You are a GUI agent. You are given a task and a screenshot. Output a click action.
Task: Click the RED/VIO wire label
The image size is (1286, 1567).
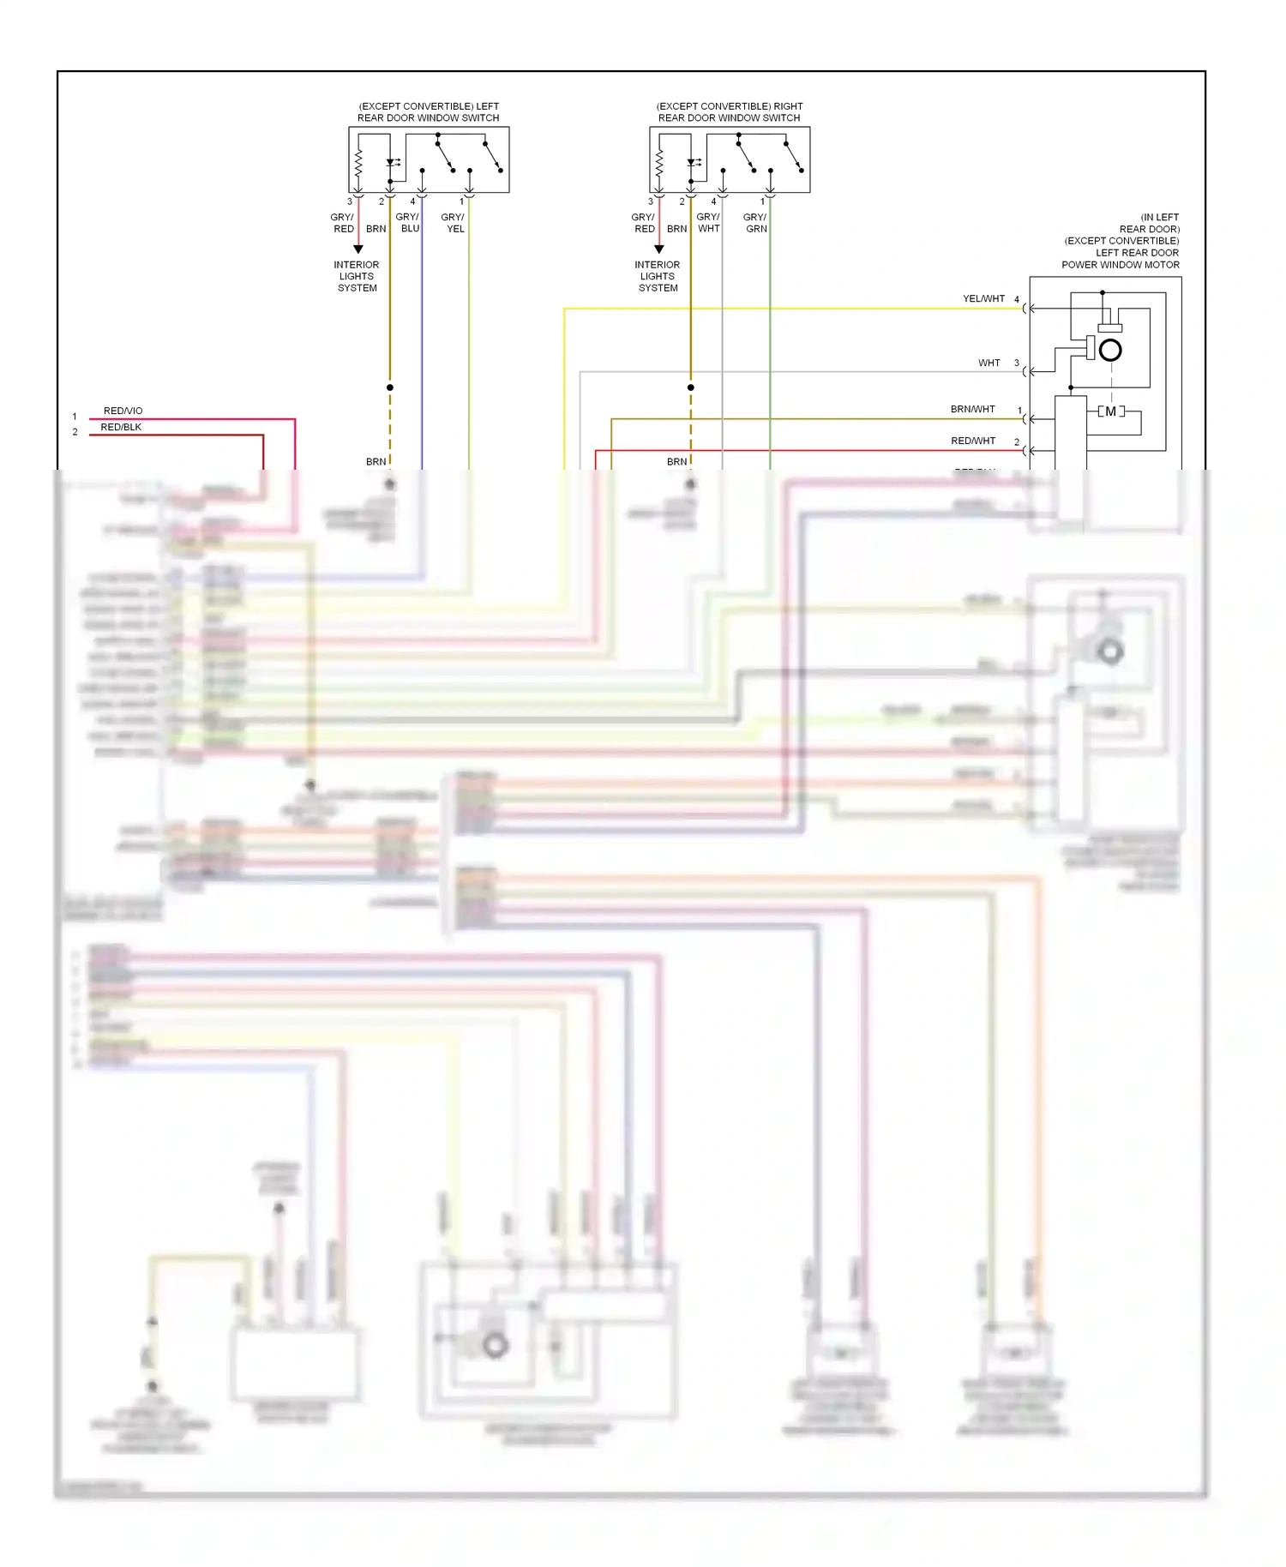(123, 411)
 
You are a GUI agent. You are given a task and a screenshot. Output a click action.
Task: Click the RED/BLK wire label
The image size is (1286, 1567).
(121, 427)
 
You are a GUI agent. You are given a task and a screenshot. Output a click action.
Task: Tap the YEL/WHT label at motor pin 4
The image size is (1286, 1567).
(983, 299)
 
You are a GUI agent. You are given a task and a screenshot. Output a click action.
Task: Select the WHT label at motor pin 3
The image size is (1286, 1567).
(989, 363)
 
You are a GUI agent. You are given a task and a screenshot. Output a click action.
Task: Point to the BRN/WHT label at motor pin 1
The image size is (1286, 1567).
(972, 410)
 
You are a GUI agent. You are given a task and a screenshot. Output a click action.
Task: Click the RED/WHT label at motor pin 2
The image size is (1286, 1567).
(973, 441)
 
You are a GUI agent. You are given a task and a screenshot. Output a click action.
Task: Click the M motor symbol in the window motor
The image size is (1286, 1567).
(1111, 411)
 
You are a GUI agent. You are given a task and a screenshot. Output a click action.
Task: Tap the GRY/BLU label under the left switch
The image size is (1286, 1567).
(408, 223)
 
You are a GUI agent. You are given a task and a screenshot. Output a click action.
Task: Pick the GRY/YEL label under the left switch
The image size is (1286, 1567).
(454, 223)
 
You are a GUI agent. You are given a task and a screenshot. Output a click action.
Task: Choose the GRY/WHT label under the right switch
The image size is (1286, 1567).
(708, 223)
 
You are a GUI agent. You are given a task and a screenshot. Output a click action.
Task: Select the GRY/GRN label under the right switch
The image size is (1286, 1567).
(755, 223)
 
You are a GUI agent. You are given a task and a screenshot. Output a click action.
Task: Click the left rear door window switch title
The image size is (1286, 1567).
(429, 112)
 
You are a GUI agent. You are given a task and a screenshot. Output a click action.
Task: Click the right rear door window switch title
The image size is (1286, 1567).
(730, 112)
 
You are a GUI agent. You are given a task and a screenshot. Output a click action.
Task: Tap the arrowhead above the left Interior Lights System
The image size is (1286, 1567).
(358, 249)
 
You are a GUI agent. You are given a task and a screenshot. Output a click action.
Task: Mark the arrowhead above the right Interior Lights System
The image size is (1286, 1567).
(659, 249)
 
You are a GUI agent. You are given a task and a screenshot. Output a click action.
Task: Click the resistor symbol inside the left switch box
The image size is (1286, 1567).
(358, 161)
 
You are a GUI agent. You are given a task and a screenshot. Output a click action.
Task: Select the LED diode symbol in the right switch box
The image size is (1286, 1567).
(691, 162)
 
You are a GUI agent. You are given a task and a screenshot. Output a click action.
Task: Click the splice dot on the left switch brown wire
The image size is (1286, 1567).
(390, 387)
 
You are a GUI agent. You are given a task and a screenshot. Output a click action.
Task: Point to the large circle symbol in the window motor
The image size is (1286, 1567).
(1110, 350)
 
